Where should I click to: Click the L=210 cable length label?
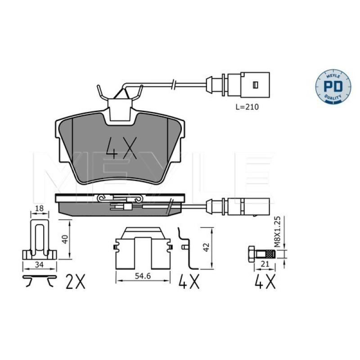pyautogui.click(x=247, y=107)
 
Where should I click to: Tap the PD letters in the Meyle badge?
pyautogui.click(x=333, y=85)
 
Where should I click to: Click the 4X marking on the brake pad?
pyautogui.click(x=121, y=148)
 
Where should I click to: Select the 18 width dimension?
pyautogui.click(x=40, y=208)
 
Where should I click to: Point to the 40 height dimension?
pyautogui.click(x=66, y=239)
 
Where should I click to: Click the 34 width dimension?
pyautogui.click(x=40, y=265)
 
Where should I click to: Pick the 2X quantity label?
pyautogui.click(x=75, y=281)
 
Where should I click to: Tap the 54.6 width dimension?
pyautogui.click(x=143, y=276)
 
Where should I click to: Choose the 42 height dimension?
pyautogui.click(x=207, y=247)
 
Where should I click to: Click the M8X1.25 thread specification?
pyautogui.click(x=278, y=231)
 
